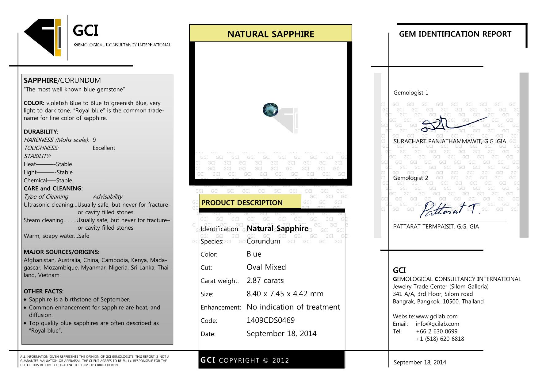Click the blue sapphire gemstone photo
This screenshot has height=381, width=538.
[271, 110]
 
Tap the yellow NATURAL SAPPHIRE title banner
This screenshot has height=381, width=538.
[271, 34]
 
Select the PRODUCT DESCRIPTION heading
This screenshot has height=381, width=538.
[242, 203]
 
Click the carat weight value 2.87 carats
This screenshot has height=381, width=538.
[265, 280]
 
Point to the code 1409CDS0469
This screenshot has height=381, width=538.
[270, 320]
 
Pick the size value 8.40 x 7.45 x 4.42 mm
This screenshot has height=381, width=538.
[285, 294]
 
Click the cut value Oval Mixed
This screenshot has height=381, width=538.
[266, 267]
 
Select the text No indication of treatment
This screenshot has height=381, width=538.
[293, 307]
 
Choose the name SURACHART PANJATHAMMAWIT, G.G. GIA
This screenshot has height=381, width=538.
[449, 141]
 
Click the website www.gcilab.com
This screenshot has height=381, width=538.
[437, 316]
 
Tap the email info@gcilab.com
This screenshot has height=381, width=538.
[437, 324]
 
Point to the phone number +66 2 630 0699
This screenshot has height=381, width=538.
[437, 331]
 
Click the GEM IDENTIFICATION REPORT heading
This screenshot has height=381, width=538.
[455, 34]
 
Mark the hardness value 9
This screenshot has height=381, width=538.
[94, 140]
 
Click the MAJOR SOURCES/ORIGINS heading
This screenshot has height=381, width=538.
[61, 252]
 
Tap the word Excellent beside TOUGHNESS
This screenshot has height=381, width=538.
[104, 148]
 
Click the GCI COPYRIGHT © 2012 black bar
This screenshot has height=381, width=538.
[271, 360]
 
